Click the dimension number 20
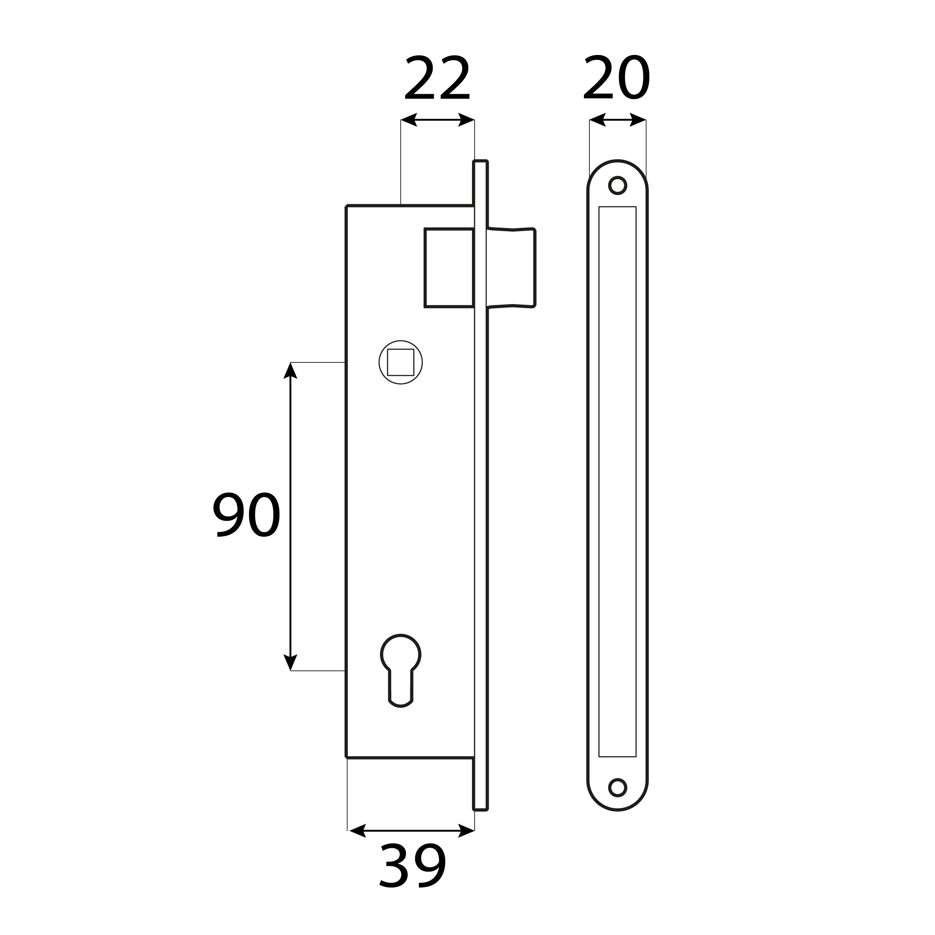(x=617, y=77)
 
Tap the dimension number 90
(x=247, y=515)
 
